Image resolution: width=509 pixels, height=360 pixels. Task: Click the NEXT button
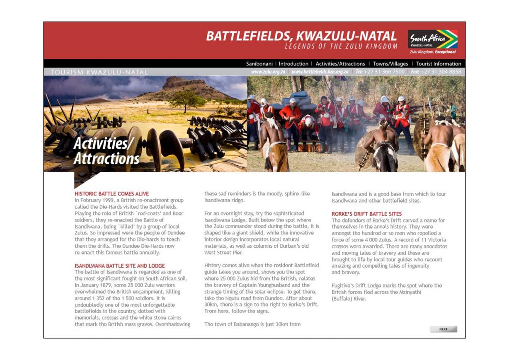point(443,329)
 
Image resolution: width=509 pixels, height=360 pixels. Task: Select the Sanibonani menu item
point(259,64)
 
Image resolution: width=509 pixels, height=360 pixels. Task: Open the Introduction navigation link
point(293,64)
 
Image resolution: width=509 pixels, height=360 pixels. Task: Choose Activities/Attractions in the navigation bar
point(340,64)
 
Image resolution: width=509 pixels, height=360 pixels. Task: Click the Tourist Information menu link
point(439,64)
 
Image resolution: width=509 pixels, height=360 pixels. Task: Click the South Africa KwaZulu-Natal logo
point(433,41)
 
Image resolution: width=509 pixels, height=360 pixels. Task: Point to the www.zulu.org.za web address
point(268,72)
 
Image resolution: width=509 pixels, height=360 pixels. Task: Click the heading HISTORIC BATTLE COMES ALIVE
point(111,193)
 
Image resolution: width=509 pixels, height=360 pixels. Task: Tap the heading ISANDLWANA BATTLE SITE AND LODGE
point(120,266)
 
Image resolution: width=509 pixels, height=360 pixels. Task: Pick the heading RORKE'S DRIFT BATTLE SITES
point(366,214)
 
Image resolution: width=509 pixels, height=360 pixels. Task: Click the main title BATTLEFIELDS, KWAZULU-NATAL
point(301,36)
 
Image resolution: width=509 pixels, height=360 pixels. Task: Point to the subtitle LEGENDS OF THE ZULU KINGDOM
point(341,46)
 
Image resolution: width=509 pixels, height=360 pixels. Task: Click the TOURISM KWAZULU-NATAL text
point(99,72)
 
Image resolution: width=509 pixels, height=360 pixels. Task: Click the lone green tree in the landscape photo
point(186,99)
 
